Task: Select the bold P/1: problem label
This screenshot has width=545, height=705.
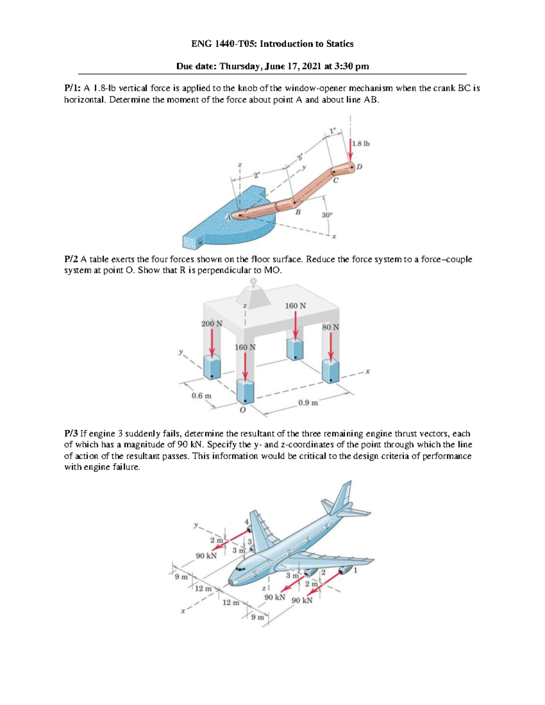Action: click(x=72, y=89)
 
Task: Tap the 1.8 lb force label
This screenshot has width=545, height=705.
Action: click(x=361, y=143)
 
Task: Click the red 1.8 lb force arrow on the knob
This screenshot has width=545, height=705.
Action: click(x=351, y=150)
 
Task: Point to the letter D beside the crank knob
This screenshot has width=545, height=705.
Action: click(x=359, y=167)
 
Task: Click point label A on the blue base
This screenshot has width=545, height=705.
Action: click(x=228, y=218)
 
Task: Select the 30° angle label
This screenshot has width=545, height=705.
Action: click(x=327, y=215)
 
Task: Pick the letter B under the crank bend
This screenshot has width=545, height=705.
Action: click(x=298, y=212)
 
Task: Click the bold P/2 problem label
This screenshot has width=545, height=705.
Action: click(x=71, y=259)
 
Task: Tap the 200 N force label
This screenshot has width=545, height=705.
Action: click(x=212, y=324)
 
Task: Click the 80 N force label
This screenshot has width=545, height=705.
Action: click(x=330, y=327)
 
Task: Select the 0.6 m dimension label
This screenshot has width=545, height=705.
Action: click(x=201, y=395)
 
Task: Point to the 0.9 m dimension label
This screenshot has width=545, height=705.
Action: click(x=308, y=403)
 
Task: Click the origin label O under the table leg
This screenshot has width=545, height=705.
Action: click(x=242, y=410)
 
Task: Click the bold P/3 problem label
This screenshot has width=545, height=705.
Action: click(x=71, y=434)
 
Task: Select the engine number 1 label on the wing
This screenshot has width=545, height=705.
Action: click(x=356, y=571)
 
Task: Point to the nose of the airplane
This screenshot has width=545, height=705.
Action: click(x=232, y=582)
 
